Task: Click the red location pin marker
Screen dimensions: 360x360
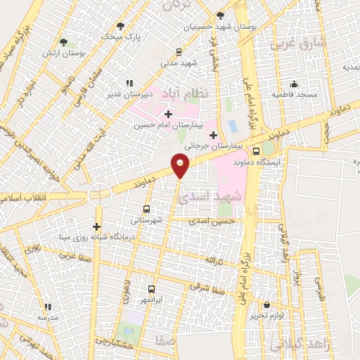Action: [180, 165]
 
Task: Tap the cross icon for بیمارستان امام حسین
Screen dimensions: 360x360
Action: [167, 114]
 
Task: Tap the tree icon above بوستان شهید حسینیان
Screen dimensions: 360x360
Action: [220, 15]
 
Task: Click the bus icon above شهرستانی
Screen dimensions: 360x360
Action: [146, 209]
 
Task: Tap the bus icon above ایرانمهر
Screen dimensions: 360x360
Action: [150, 288]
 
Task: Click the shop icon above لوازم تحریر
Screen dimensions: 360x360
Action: [267, 305]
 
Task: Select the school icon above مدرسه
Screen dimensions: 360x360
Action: [47, 307]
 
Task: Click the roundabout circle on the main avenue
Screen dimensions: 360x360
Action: [100, 194]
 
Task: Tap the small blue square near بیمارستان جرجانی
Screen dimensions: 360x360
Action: [232, 127]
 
